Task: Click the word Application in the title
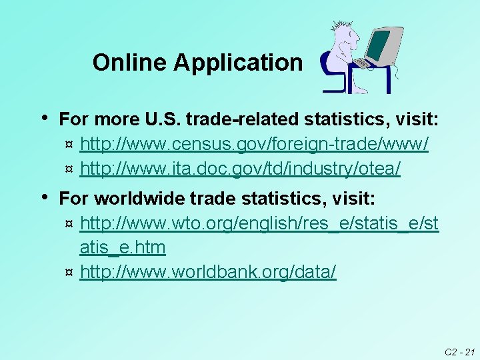coord(238,63)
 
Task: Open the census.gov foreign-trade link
coord(254,144)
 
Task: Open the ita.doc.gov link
coord(240,169)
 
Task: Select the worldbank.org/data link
coord(208,272)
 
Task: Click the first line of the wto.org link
coord(259,224)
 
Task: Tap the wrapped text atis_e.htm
coord(123,248)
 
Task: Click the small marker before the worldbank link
coord(69,273)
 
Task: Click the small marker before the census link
coord(69,145)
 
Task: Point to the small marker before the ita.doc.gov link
coord(69,170)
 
